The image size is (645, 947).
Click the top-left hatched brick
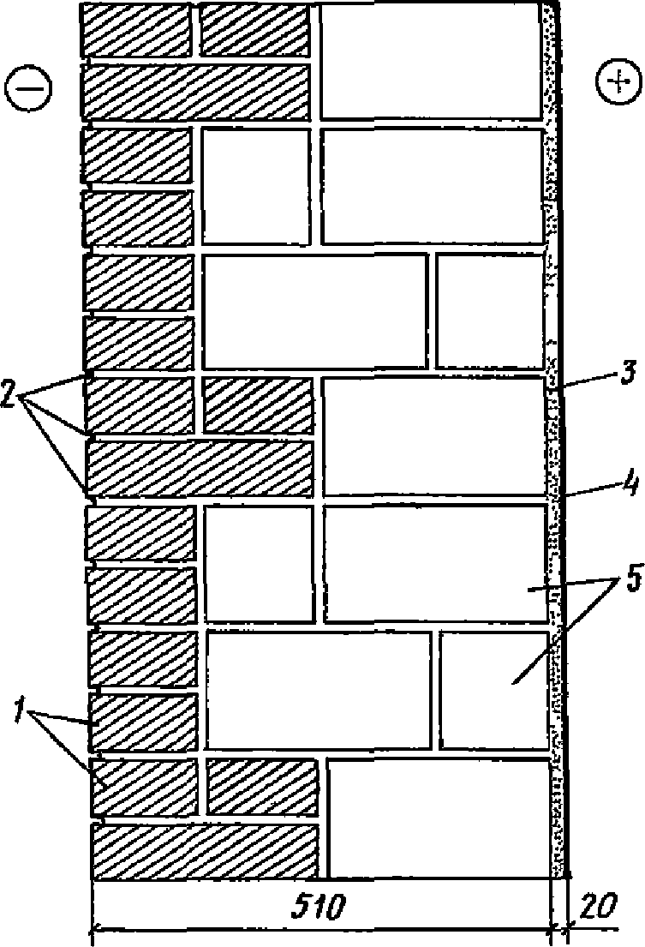pyautogui.click(x=135, y=30)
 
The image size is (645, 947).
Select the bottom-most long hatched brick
pyautogui.click(x=206, y=851)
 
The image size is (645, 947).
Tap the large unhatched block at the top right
pyautogui.click(x=431, y=61)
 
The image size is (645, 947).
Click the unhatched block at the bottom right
pyautogui.click(x=438, y=818)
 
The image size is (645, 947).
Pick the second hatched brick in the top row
pyautogui.click(x=254, y=30)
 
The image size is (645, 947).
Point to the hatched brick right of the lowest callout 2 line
pyautogui.click(x=200, y=468)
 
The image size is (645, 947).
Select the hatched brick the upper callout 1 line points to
pyautogui.click(x=142, y=722)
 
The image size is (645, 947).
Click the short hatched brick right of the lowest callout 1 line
pyautogui.click(x=144, y=786)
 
